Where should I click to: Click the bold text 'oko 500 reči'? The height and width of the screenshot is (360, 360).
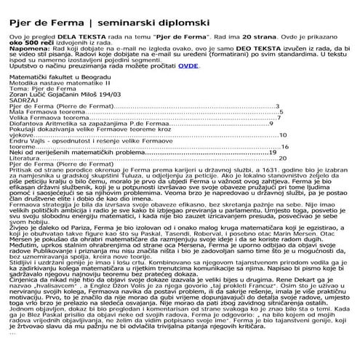(27, 41)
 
